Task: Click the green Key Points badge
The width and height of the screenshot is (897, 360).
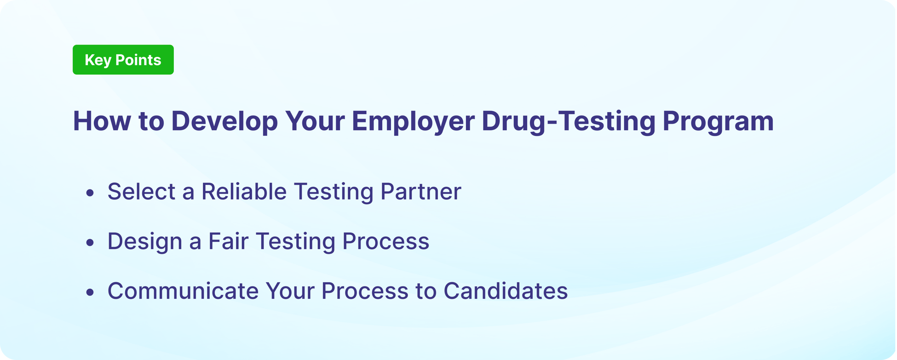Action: [123, 60]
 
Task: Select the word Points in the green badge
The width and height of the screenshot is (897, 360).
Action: [138, 60]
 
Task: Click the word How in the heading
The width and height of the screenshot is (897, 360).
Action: [102, 121]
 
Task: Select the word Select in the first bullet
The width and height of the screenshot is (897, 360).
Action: [141, 191]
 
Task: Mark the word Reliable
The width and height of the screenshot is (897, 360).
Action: [244, 191]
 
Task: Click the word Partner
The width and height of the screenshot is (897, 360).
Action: [420, 191]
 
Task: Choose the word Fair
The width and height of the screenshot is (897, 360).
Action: [228, 241]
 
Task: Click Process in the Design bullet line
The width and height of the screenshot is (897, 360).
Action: [385, 241]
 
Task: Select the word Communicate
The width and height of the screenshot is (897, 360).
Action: [183, 291]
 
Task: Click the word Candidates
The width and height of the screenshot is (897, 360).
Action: [506, 291]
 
